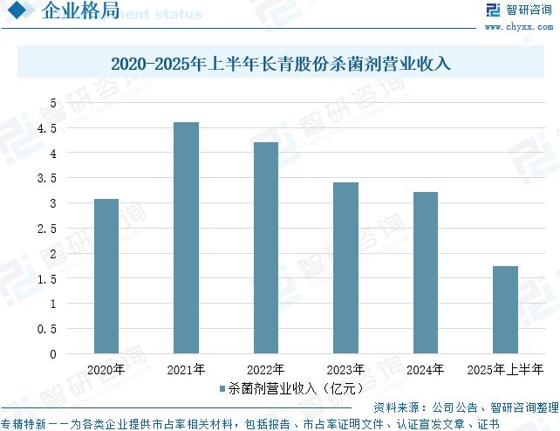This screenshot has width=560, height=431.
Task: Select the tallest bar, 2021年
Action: pyautogui.click(x=186, y=237)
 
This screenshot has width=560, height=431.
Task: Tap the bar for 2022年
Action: pyautogui.click(x=265, y=248)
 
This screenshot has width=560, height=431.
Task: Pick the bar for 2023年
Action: pyautogui.click(x=345, y=268)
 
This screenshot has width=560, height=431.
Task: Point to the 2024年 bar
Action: pyautogui.click(x=425, y=272)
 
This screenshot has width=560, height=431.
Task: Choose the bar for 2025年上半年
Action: pyautogui.click(x=505, y=310)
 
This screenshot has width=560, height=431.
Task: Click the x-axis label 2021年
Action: pyautogui.click(x=186, y=369)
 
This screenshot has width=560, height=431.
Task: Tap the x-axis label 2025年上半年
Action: pyautogui.click(x=505, y=369)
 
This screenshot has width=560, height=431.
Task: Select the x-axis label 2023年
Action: pyautogui.click(x=345, y=369)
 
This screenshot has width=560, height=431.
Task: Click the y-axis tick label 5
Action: pyautogui.click(x=52, y=103)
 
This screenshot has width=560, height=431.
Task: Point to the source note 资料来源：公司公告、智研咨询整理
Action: pyautogui.click(x=465, y=407)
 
